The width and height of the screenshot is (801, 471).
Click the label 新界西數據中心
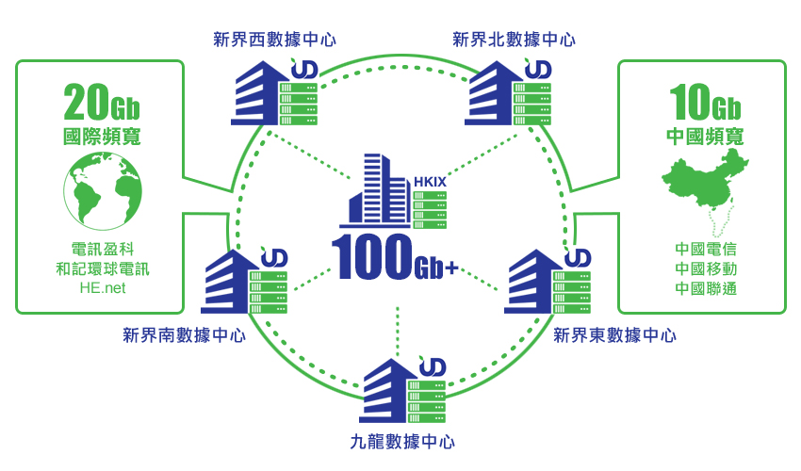274,40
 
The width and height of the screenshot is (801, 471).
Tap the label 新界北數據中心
514,40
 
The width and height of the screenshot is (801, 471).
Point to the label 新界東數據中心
614,334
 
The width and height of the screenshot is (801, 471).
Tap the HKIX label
430,181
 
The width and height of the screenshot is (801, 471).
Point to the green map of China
706,188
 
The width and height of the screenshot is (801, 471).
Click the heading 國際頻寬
102,136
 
